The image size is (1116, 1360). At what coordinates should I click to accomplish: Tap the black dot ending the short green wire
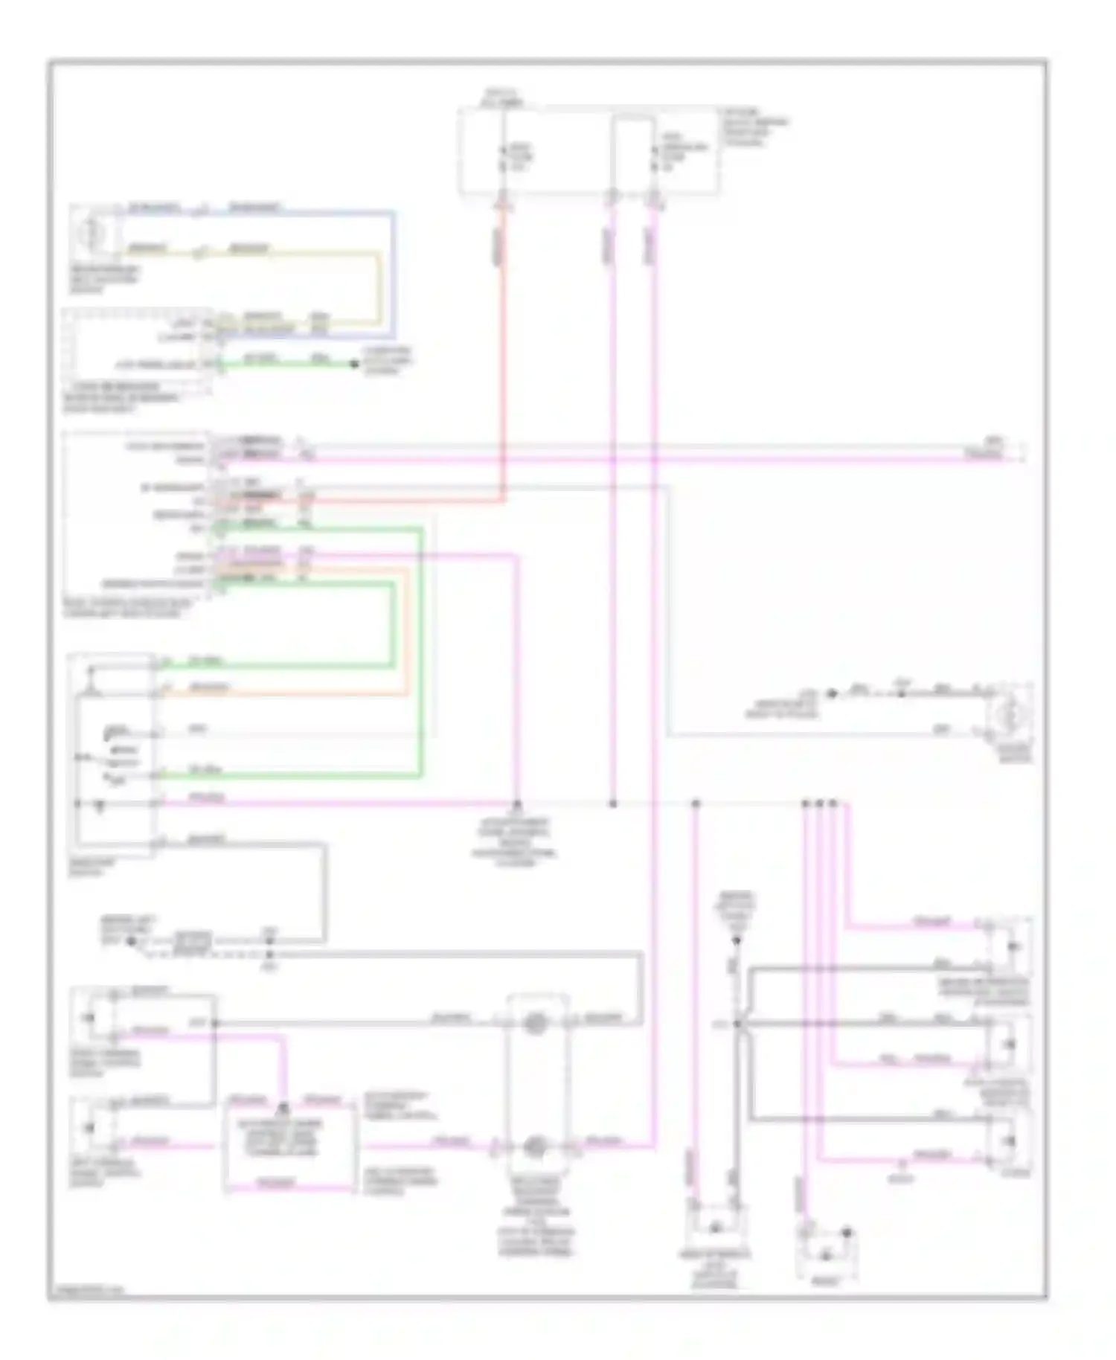pyautogui.click(x=354, y=364)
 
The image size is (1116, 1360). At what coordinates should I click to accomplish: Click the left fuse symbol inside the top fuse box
pyautogui.click(x=503, y=158)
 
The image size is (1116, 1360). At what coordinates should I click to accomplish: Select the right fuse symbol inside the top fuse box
pyautogui.click(x=655, y=158)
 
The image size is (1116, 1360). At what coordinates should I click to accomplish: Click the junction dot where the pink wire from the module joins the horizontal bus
pyautogui.click(x=517, y=804)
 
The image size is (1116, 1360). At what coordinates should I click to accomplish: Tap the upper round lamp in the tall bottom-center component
pyautogui.click(x=534, y=1024)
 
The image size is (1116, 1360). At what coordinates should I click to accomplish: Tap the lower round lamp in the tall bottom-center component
pyautogui.click(x=534, y=1148)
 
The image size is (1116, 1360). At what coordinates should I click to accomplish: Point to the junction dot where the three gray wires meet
pyautogui.click(x=738, y=1024)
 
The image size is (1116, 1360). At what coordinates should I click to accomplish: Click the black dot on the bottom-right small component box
pyautogui.click(x=847, y=1234)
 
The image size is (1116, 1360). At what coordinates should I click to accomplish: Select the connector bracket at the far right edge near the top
pyautogui.click(x=1024, y=451)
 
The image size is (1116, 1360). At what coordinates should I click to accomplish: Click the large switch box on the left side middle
pyautogui.click(x=112, y=753)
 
